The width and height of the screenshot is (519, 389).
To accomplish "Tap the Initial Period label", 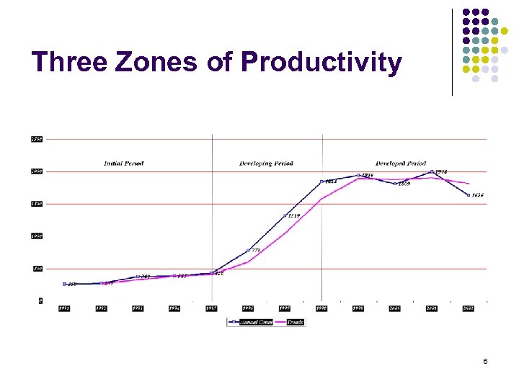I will click(123, 164).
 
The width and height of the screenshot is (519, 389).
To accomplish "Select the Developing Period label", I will click(266, 164).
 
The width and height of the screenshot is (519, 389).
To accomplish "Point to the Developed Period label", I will click(401, 164).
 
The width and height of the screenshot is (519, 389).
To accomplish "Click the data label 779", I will click(256, 250).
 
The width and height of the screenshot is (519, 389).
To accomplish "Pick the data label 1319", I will click(293, 216).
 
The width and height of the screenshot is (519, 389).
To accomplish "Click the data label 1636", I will click(478, 195).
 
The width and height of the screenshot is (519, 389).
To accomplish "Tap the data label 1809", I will click(404, 184).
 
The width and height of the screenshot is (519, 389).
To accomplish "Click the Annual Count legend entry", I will click(252, 323).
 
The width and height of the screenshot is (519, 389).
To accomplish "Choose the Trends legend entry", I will click(294, 323).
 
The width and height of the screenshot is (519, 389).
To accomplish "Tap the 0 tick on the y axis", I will click(40, 300).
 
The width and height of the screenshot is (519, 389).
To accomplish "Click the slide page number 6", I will click(485, 360).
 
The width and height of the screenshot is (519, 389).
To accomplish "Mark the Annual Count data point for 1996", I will click(248, 251).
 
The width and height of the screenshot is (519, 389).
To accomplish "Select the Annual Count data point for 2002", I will click(469, 195).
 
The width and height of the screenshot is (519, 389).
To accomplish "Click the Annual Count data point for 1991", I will click(64, 284).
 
